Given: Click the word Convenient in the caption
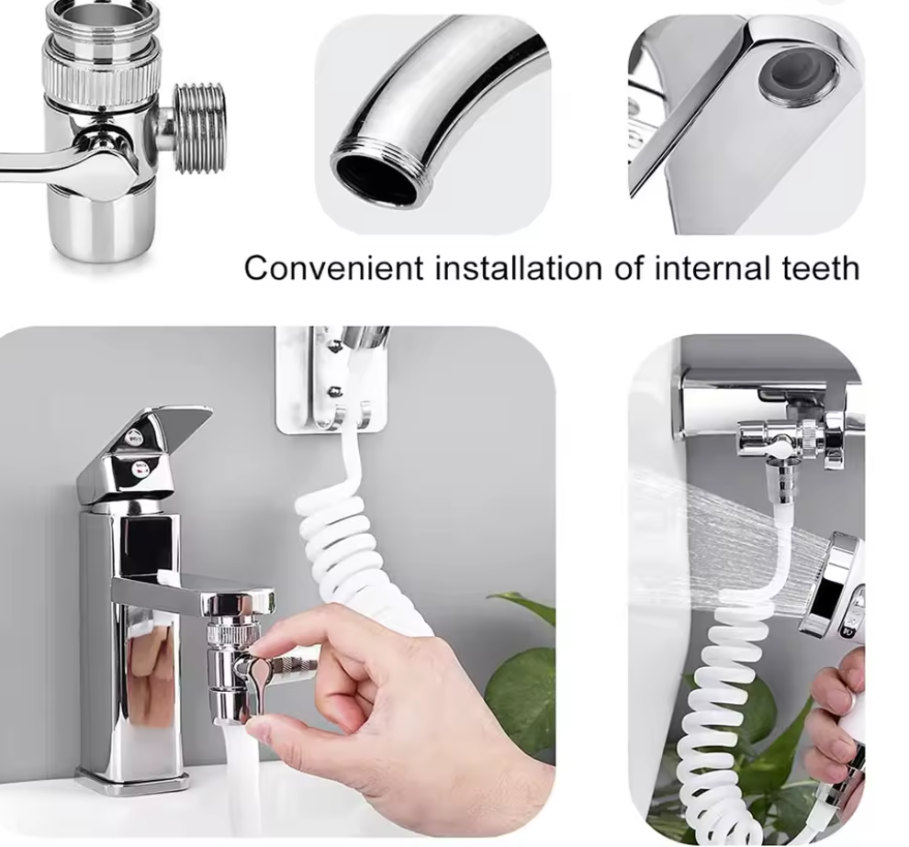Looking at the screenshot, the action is pyautogui.click(x=333, y=268).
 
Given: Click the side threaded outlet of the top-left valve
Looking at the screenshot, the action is pyautogui.click(x=199, y=128).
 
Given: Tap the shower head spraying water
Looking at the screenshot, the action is pyautogui.click(x=836, y=585).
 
